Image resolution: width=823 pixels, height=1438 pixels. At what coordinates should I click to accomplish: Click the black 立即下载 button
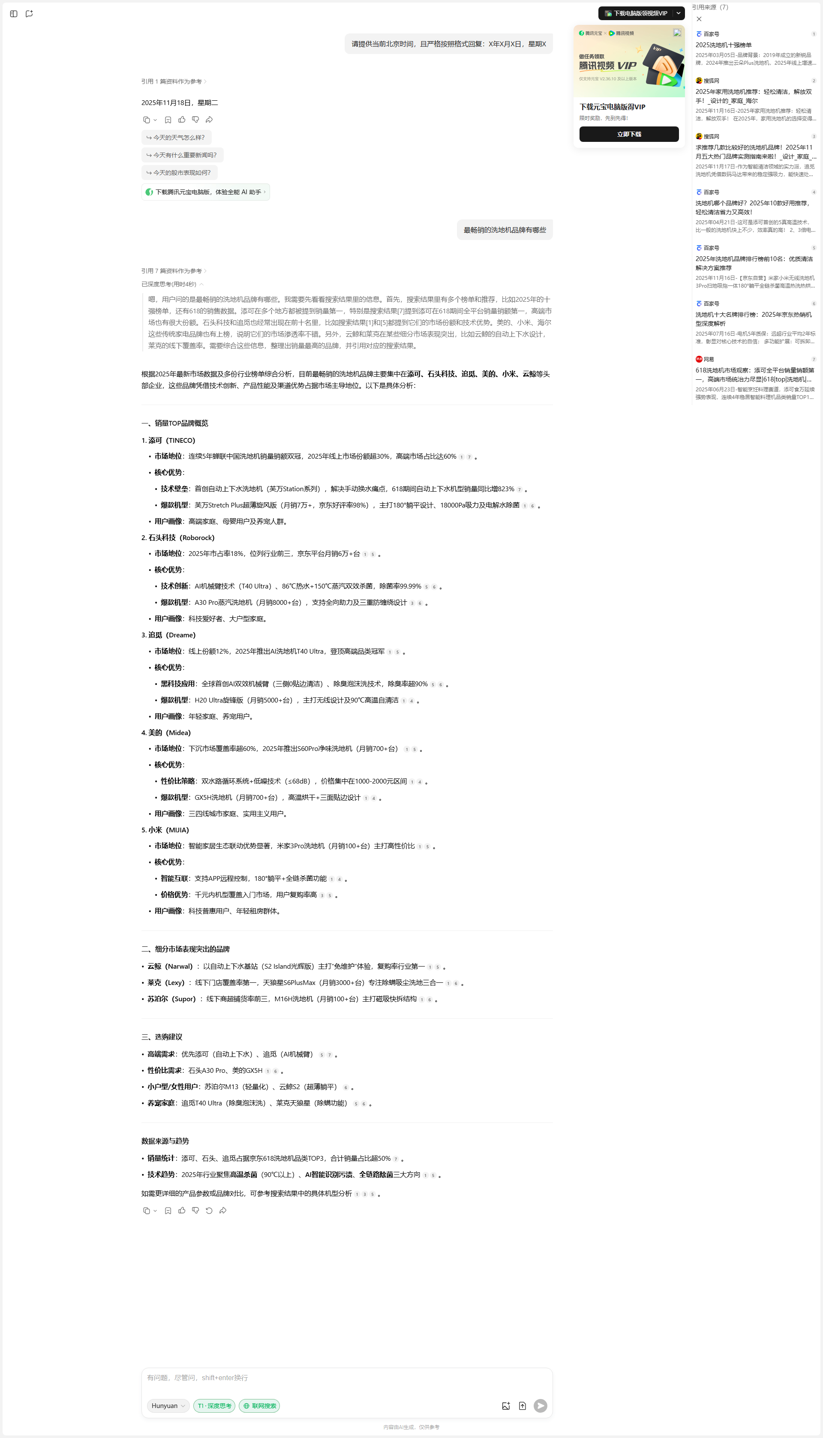pos(628,134)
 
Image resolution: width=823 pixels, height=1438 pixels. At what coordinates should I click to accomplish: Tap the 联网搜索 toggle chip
pos(259,1406)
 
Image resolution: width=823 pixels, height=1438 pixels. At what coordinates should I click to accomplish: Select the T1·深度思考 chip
pos(214,1406)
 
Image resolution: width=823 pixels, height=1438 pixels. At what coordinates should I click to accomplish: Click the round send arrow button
pos(540,1406)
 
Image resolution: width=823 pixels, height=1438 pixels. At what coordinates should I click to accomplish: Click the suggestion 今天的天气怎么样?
pos(176,137)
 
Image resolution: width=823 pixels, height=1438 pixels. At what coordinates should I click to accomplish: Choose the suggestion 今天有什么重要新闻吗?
pos(182,155)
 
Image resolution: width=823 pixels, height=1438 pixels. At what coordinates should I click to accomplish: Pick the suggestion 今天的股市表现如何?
pos(179,172)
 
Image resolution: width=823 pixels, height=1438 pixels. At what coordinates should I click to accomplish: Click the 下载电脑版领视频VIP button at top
pos(636,13)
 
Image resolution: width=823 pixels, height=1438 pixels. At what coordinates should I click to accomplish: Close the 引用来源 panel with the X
pos(699,19)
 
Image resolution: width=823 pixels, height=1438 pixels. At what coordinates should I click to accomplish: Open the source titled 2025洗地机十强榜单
pos(724,45)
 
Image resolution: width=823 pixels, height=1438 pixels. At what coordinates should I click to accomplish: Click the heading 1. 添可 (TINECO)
pos(168,440)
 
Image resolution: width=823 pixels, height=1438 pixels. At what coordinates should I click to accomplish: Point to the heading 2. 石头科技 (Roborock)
pos(177,537)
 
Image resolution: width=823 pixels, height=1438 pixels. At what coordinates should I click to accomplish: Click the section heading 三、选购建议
pos(162,1036)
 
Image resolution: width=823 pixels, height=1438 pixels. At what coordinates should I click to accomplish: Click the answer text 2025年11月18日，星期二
pos(180,102)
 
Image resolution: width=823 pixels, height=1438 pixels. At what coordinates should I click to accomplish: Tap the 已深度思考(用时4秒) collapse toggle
pos(172,284)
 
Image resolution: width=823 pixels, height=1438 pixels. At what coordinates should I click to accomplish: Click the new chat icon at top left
pos(30,14)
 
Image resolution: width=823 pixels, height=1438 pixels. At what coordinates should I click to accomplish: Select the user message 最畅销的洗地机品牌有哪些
pos(504,230)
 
